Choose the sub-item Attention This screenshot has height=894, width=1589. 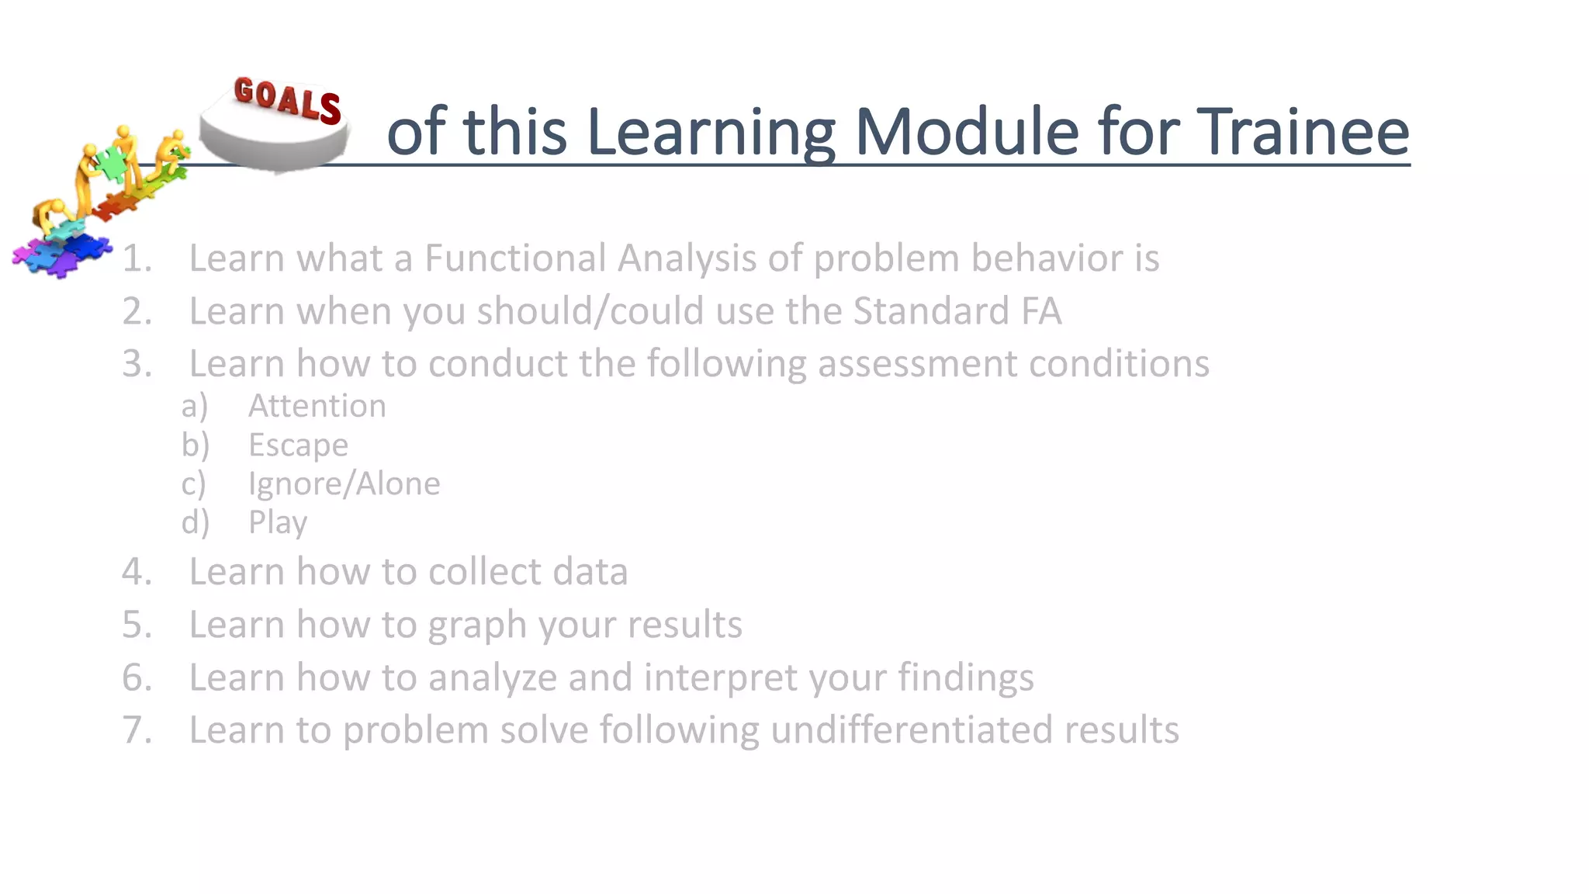pos(317,406)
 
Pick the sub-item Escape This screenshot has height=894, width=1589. pos(298,445)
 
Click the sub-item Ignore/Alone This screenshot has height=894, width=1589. pos(344,483)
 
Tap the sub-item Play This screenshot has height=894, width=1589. pos(278,522)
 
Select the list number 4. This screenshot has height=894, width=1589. pos(136,572)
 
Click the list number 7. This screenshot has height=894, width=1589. pos(136,730)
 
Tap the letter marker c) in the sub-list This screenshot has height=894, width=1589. pos(194,483)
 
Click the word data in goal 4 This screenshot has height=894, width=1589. pos(590,572)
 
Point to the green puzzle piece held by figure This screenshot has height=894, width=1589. pos(112,162)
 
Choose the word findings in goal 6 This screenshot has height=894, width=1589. pos(966,677)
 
